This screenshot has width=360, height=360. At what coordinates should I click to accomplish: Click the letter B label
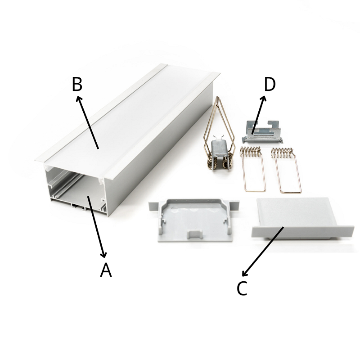pos(77,84)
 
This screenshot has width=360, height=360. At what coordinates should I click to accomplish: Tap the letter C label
pos(242,288)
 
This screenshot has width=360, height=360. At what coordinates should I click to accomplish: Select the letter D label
pos(270,84)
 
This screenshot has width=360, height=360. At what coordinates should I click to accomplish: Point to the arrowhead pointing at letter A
pos(104,254)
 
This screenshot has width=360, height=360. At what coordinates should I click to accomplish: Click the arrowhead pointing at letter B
pos(79,99)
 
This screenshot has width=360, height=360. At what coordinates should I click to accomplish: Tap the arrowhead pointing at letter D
pos(264,99)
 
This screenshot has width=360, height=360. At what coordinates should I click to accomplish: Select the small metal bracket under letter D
pos(261,132)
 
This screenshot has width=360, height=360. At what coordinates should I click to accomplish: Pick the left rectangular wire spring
pos(252,169)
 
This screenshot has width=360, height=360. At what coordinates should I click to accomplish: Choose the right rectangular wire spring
pos(286,170)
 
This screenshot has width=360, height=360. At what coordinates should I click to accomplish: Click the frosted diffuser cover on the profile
pos(129,119)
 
